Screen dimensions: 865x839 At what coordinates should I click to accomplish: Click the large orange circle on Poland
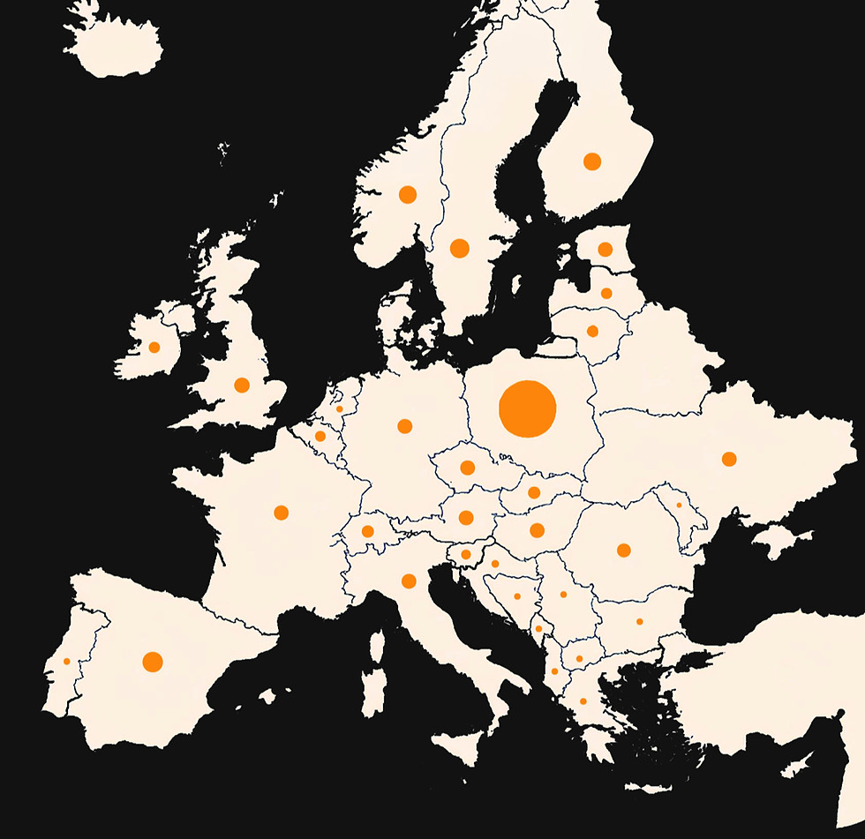tap(527, 408)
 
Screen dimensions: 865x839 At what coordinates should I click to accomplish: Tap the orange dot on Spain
tap(153, 662)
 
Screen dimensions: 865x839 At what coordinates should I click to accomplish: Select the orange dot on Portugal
tap(66, 662)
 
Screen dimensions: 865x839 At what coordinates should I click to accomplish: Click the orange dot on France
tap(281, 513)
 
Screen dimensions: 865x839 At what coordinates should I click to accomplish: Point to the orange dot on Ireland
tap(154, 347)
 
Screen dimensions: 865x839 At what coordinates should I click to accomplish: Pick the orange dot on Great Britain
tap(242, 385)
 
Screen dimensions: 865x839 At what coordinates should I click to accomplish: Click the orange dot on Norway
tap(407, 194)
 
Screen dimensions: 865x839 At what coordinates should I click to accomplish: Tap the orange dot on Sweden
tap(459, 248)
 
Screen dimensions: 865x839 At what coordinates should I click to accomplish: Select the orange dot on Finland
tap(592, 161)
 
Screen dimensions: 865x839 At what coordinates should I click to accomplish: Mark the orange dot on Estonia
tap(605, 249)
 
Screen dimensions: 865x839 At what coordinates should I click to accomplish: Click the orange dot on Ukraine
tap(729, 459)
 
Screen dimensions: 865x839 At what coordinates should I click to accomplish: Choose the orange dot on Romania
tap(624, 551)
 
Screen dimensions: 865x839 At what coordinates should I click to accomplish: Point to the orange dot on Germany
tap(405, 426)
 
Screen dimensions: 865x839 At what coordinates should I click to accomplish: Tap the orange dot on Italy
tap(409, 581)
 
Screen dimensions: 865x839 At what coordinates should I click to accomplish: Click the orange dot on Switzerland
tap(367, 531)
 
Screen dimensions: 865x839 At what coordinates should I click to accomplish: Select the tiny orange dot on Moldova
tap(679, 505)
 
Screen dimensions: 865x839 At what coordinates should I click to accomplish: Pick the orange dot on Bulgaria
tap(639, 622)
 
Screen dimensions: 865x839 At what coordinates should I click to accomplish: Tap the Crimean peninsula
tap(780, 541)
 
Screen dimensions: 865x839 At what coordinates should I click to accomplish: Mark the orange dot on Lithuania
tap(592, 331)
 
